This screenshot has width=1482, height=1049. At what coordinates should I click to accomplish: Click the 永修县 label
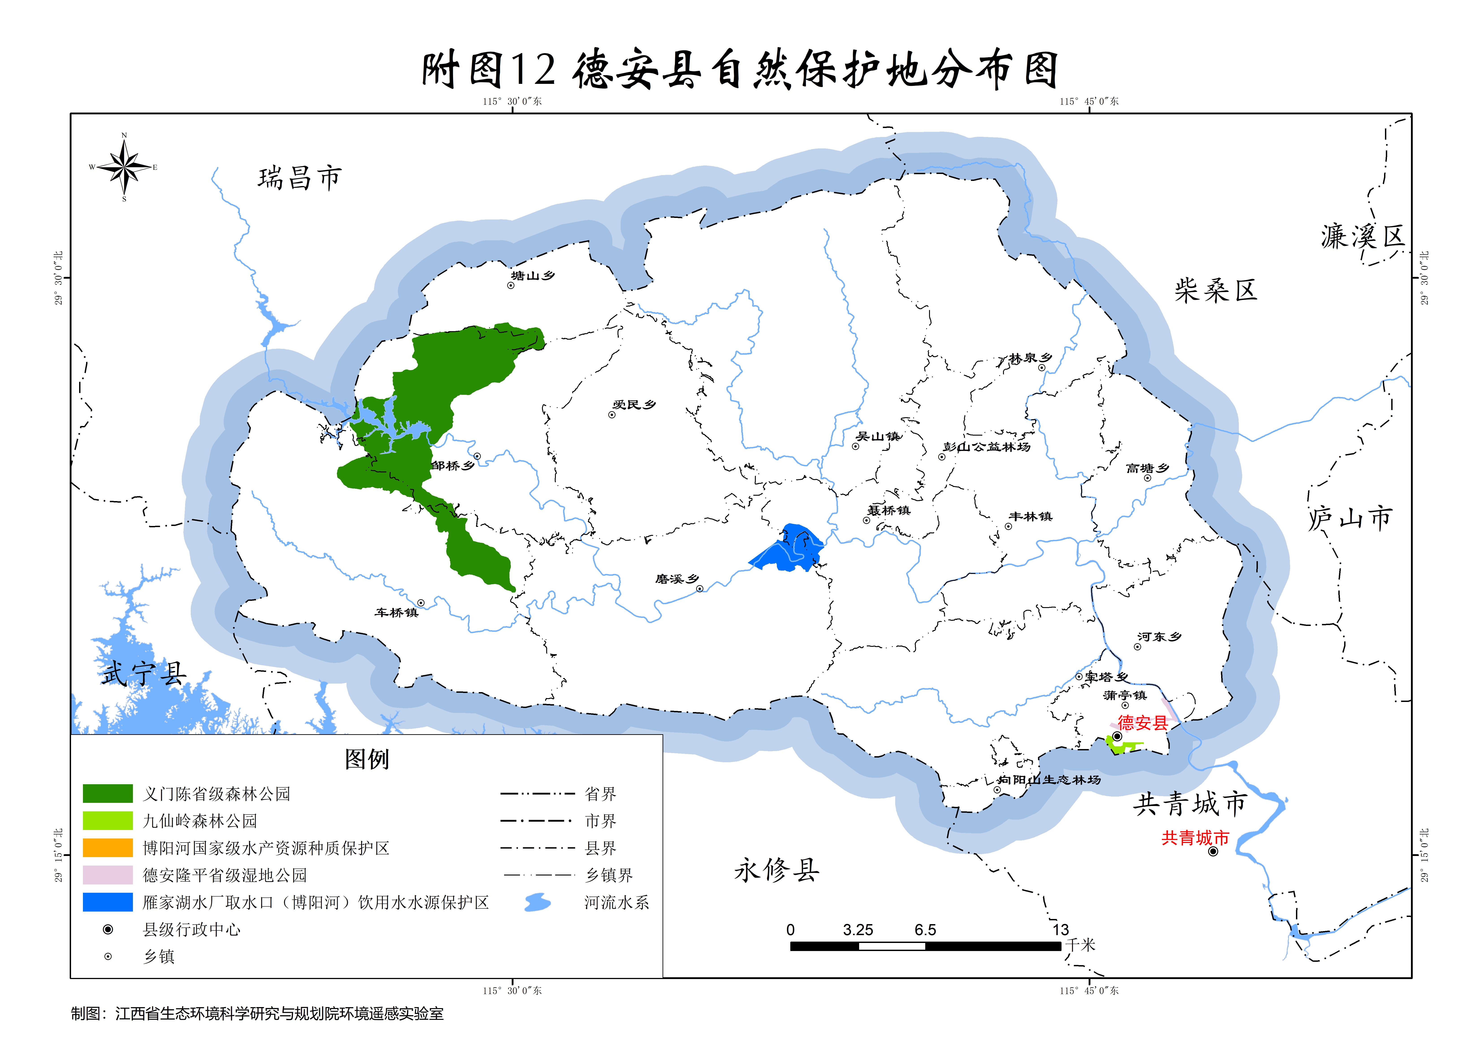[x=777, y=870]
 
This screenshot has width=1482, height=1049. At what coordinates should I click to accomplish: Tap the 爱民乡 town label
[x=634, y=404]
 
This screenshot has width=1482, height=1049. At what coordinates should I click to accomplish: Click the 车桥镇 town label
[x=396, y=612]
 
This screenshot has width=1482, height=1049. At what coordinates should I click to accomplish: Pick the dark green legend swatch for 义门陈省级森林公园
[x=108, y=793]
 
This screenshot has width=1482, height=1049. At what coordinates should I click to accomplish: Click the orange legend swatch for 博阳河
[x=108, y=847]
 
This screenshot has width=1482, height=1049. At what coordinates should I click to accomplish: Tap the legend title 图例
[x=367, y=759]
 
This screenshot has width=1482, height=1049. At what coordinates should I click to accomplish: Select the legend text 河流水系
[x=617, y=902]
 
